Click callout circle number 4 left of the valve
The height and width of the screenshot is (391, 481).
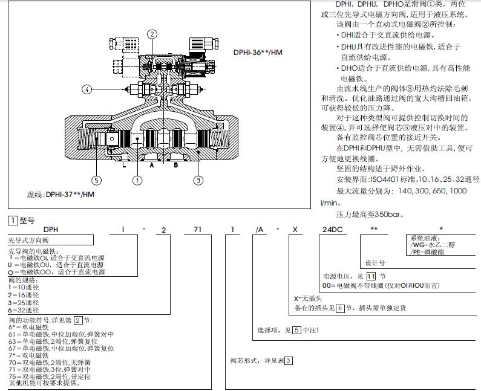(x=87, y=89)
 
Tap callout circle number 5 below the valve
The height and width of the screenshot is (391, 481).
(x=96, y=179)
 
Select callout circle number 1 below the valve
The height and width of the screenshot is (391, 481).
(x=139, y=179)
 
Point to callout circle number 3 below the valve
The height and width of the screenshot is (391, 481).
(x=197, y=179)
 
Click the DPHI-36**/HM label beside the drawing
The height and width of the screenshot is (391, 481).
(x=258, y=53)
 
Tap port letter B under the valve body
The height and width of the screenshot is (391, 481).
(x=176, y=164)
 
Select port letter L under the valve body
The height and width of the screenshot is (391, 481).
(x=124, y=164)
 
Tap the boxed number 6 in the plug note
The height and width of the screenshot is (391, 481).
(x=339, y=308)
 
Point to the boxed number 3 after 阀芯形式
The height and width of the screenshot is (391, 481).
(x=289, y=361)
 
